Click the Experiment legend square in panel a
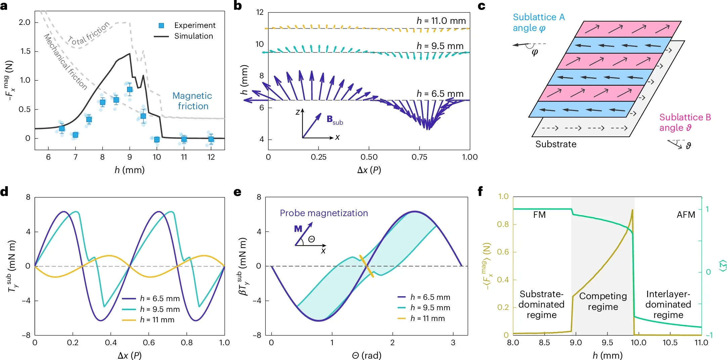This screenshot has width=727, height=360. click(x=161, y=26)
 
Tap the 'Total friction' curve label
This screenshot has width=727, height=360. click(x=89, y=33)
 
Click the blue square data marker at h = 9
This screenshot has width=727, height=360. click(x=130, y=89)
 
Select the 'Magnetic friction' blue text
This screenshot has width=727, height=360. click(x=192, y=101)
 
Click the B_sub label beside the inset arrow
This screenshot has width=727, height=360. click(x=335, y=120)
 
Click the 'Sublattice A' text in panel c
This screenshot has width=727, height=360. click(x=539, y=17)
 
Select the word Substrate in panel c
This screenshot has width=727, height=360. click(x=556, y=144)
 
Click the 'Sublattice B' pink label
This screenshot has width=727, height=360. click(x=685, y=117)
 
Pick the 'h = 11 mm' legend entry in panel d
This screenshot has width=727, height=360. click(x=157, y=320)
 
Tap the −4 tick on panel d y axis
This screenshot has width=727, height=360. click(x=26, y=301)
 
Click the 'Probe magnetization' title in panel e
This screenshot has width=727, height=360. click(x=324, y=213)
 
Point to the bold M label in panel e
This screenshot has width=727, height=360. click(x=298, y=229)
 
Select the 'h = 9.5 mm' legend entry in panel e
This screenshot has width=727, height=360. click(x=430, y=308)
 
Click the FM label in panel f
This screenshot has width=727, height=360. click(x=539, y=215)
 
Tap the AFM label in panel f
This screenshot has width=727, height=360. click(x=686, y=215)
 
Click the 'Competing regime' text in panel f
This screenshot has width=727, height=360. click(x=603, y=301)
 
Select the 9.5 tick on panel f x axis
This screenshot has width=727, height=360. click(x=607, y=343)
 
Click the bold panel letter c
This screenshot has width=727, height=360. click(x=481, y=6)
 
